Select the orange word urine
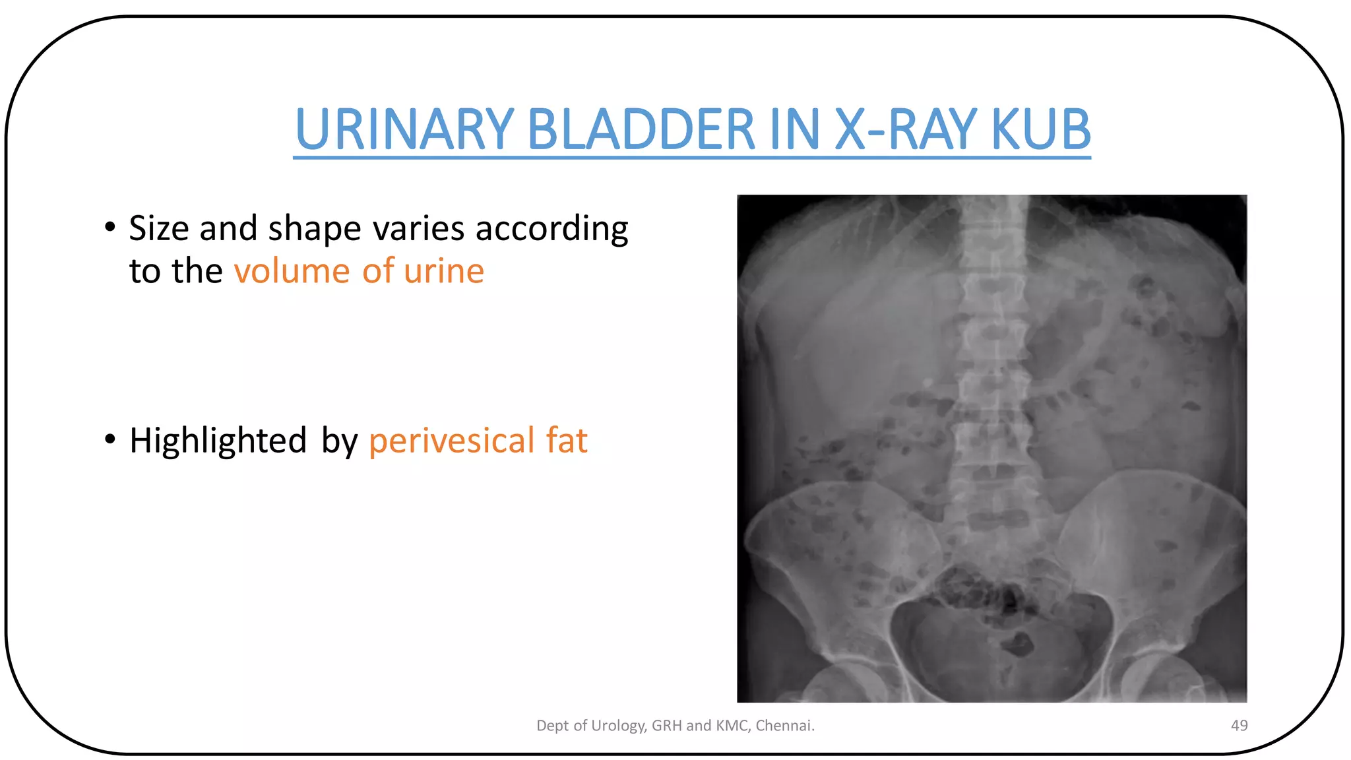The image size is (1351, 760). tap(444, 271)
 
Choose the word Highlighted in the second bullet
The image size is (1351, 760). tap(218, 441)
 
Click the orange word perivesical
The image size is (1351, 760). tap(451, 441)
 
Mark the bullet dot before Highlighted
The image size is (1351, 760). tap(110, 438)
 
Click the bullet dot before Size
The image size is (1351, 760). tap(110, 226)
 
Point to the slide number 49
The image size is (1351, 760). tap(1239, 726)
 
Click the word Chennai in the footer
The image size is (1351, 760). tap(784, 726)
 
